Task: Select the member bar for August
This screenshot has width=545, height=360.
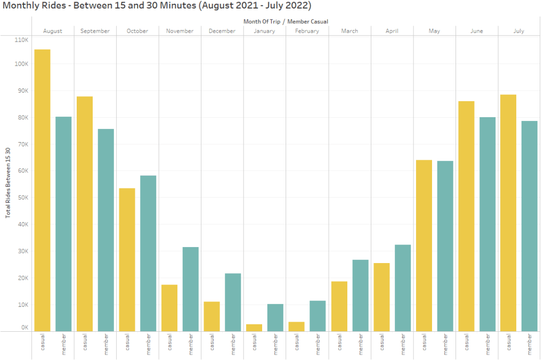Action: coord(63,224)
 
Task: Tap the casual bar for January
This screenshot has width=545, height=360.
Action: coord(254,328)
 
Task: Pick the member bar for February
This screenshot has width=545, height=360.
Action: coord(318,316)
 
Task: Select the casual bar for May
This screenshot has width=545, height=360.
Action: coord(424,246)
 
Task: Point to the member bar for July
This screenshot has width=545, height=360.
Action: coord(530,226)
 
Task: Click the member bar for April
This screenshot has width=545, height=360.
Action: coord(402,288)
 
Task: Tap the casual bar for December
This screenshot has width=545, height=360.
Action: coord(212,316)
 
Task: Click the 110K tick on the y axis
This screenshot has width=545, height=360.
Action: coord(21,40)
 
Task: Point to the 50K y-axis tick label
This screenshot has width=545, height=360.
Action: coord(22,198)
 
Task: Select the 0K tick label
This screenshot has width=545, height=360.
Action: coord(25,328)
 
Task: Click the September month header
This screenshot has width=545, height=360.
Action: coord(95,31)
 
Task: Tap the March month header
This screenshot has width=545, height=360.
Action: coord(349,31)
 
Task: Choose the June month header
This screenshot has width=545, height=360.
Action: coord(477,31)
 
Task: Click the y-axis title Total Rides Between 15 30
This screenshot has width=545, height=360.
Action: coord(8,183)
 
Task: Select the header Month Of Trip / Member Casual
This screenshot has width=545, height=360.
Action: coord(286,22)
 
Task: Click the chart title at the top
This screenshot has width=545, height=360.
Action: coord(157,6)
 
